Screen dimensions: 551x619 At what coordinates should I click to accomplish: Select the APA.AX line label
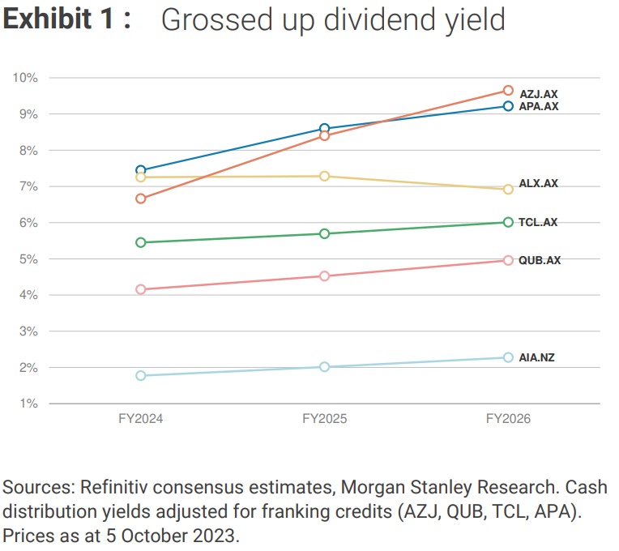(539, 106)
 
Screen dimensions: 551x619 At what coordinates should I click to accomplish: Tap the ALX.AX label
(539, 184)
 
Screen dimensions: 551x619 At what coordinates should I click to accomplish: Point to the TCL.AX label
(539, 222)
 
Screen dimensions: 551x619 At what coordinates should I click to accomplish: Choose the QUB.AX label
(540, 260)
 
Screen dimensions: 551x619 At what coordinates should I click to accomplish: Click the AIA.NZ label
(537, 357)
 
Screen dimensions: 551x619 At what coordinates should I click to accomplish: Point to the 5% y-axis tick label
(29, 259)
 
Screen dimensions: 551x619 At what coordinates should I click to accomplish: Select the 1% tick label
(29, 404)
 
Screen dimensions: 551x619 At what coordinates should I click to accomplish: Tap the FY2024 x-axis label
(141, 419)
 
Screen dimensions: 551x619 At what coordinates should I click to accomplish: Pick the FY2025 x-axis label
(325, 419)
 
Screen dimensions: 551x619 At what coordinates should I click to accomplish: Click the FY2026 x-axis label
(508, 419)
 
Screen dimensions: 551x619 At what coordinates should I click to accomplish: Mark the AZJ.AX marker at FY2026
(508, 91)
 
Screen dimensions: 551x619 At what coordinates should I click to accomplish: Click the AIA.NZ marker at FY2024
(141, 375)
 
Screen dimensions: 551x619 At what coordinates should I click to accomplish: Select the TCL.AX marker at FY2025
(325, 233)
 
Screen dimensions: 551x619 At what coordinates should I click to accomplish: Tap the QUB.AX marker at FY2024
(141, 289)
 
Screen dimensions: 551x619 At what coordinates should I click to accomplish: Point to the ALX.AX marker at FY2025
(325, 176)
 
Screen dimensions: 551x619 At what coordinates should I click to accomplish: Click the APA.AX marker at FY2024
(141, 170)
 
